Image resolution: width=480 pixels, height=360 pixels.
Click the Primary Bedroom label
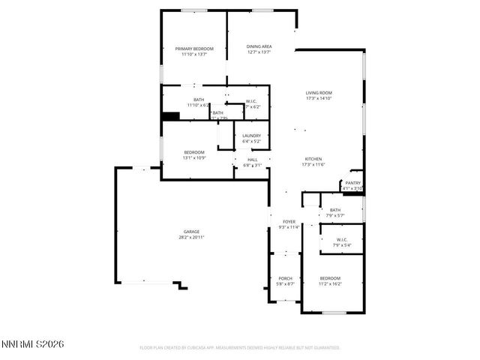(x=194, y=49)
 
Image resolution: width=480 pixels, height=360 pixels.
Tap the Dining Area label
(x=259, y=47)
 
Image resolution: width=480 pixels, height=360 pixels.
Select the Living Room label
(x=319, y=93)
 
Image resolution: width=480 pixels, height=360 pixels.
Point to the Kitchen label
(x=313, y=159)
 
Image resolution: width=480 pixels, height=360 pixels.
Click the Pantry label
(x=352, y=182)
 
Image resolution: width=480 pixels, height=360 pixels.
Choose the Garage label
(x=191, y=231)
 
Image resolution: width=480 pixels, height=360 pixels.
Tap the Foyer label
(x=289, y=222)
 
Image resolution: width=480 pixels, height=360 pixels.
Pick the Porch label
(x=285, y=278)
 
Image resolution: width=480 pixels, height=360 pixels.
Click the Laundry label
(x=251, y=136)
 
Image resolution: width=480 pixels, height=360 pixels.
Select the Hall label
(x=253, y=160)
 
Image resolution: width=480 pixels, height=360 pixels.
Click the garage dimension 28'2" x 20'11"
(x=191, y=237)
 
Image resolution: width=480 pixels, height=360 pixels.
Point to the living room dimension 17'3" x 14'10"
(x=319, y=98)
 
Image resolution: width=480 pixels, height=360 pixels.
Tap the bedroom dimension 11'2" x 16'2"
(x=330, y=283)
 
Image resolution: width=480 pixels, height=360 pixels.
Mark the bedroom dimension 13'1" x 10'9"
(x=194, y=158)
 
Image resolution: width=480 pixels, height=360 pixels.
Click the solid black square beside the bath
(x=171, y=116)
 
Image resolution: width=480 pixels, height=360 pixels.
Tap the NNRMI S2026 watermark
(x=33, y=344)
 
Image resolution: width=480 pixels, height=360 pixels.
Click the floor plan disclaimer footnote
(x=240, y=348)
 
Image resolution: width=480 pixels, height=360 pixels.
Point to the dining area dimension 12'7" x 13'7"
(x=259, y=53)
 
